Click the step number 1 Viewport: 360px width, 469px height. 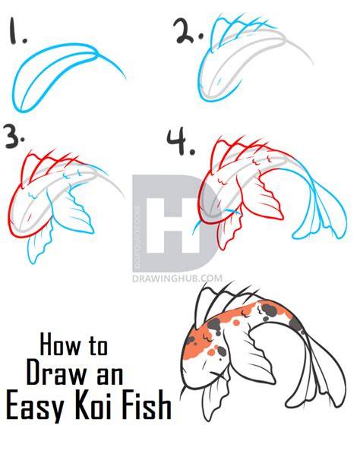click(x=17, y=31)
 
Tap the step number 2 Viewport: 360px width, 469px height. click(x=188, y=31)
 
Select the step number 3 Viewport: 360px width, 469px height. click(x=14, y=137)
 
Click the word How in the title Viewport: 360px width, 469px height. click(x=60, y=345)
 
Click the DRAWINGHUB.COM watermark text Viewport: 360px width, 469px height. click(x=177, y=279)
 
